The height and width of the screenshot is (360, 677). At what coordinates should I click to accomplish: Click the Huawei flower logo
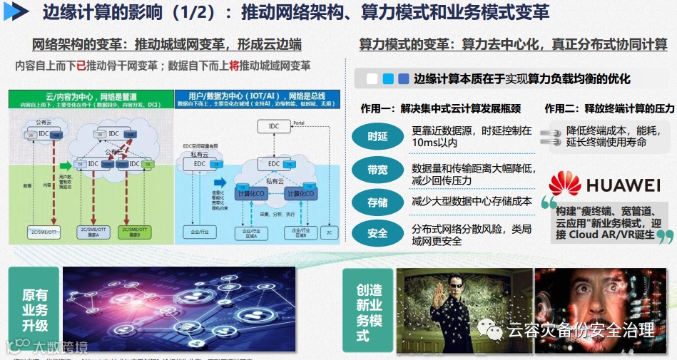point(566,184)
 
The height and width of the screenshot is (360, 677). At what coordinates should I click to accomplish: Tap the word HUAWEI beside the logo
point(623,186)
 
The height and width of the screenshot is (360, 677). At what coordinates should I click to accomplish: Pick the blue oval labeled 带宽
point(377,170)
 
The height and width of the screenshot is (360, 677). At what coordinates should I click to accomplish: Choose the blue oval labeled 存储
point(377,202)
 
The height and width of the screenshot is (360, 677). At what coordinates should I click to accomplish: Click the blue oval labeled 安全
point(377,233)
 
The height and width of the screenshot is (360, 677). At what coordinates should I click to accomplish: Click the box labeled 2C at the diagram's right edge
point(329,232)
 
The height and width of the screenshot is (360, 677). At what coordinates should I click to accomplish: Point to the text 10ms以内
point(434,143)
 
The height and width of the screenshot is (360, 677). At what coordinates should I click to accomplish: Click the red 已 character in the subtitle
point(81,66)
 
